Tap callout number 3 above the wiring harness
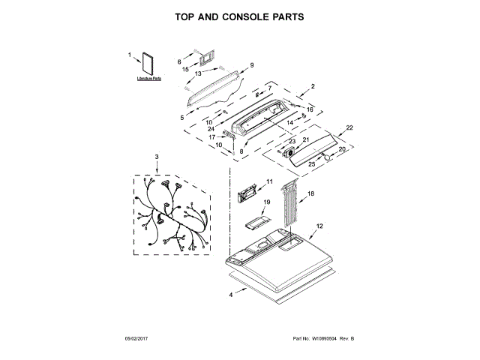point(157,156)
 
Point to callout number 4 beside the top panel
point(231,295)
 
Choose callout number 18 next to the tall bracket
point(311,193)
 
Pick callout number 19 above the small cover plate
point(265,202)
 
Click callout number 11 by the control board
point(269,181)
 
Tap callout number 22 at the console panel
point(349,128)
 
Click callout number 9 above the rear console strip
point(252,65)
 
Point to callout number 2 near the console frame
point(313,86)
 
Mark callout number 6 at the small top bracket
point(179,61)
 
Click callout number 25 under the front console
point(312,163)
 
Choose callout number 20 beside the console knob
point(342,149)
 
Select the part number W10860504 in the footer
point(323,340)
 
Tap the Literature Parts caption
point(148,79)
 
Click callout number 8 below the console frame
point(241,151)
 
